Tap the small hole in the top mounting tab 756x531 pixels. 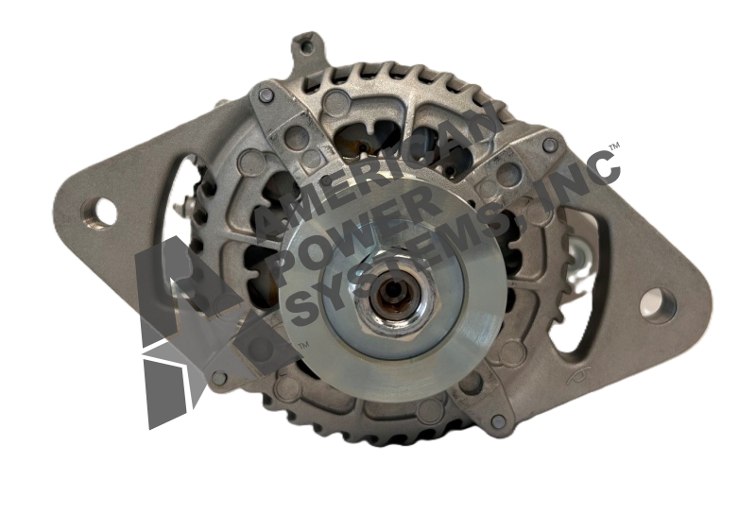tap(304, 46)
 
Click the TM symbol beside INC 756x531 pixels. tap(614, 146)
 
